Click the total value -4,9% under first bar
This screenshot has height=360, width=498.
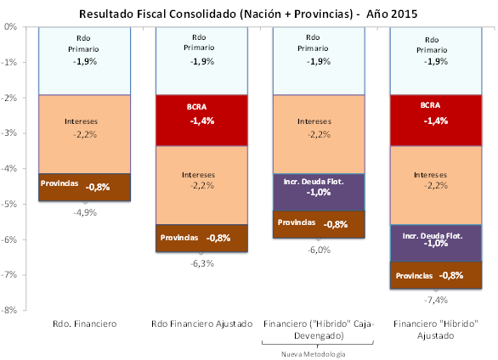click(83, 211)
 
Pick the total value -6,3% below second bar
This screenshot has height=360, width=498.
click(201, 262)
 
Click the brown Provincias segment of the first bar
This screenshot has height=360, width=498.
click(83, 187)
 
